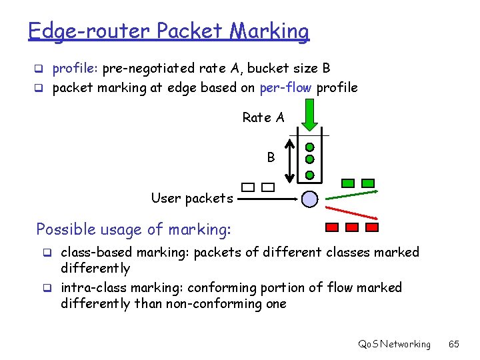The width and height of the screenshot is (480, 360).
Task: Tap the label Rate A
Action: point(263,118)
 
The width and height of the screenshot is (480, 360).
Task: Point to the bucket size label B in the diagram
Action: point(271,158)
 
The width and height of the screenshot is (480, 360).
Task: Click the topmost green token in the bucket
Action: point(310,147)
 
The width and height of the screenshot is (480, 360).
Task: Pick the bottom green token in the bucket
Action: point(310,175)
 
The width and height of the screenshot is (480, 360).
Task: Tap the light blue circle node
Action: point(310,198)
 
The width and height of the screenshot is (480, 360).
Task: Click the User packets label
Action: point(192,198)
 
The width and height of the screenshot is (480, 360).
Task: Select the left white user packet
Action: point(248,187)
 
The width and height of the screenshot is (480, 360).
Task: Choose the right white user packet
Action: point(268,187)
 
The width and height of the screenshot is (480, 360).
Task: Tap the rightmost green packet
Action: point(368,183)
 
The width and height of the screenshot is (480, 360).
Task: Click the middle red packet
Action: point(352,227)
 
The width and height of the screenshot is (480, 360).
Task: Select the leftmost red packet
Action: point(331,227)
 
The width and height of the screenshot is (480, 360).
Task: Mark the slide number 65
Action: point(454,344)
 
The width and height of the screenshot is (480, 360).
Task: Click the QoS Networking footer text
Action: point(395,344)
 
